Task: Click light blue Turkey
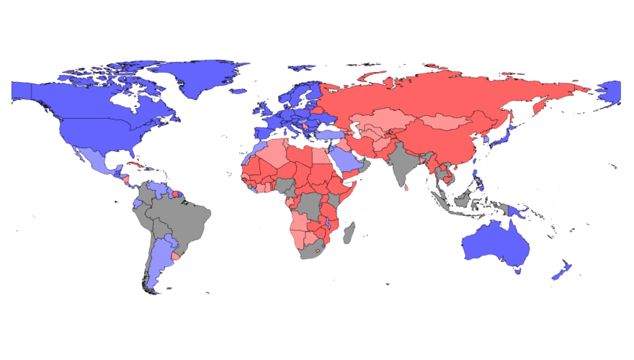point(331,134)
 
